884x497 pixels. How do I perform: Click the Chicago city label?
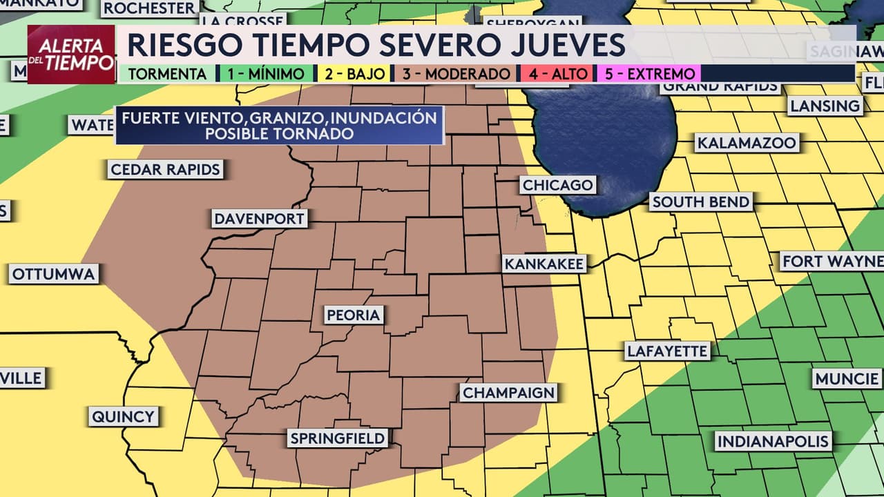tap(557, 185)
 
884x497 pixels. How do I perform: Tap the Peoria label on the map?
tap(354, 315)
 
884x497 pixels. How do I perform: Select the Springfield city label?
tap(338, 438)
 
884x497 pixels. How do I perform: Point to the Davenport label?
tap(259, 220)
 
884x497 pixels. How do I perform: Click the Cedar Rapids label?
tap(165, 170)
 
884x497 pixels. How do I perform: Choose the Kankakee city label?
tap(544, 264)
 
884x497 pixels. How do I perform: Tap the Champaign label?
tap(508, 393)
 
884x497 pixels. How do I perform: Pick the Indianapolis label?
tap(773, 441)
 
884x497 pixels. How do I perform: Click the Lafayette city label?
tap(667, 351)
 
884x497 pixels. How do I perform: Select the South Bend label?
tap(700, 202)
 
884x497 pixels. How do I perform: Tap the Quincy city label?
tap(124, 416)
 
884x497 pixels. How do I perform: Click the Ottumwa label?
tap(53, 274)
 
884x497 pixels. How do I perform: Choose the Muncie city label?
tap(847, 379)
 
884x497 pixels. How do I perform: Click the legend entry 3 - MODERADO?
tap(456, 74)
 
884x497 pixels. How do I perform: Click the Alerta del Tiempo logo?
tap(71, 55)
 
